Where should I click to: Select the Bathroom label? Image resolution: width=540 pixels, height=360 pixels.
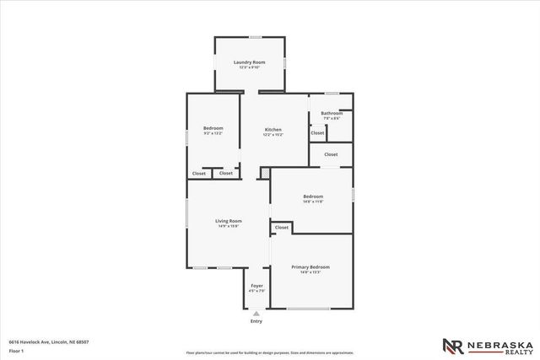coord(331,113)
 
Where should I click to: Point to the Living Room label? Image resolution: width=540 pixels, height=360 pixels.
coord(228,221)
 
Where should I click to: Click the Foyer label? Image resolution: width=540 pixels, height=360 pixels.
coord(256,286)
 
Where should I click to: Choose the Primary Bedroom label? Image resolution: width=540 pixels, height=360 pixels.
coord(310,266)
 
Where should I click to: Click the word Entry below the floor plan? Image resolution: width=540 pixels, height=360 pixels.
coord(256,321)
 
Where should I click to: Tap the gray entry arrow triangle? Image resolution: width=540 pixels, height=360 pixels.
coord(256,313)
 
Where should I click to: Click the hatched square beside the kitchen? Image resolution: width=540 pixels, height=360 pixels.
coord(265,173)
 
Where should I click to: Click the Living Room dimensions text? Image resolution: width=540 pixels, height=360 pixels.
coord(228,227)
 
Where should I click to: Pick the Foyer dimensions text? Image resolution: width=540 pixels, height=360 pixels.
coord(256,292)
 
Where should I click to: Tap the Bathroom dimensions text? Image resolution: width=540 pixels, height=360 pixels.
coord(331,118)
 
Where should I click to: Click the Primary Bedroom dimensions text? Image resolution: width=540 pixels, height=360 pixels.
coord(310,272)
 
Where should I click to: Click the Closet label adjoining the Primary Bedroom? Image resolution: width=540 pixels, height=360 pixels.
coord(281,227)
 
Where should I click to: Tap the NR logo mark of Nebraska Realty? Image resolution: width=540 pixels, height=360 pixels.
coord(453,346)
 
